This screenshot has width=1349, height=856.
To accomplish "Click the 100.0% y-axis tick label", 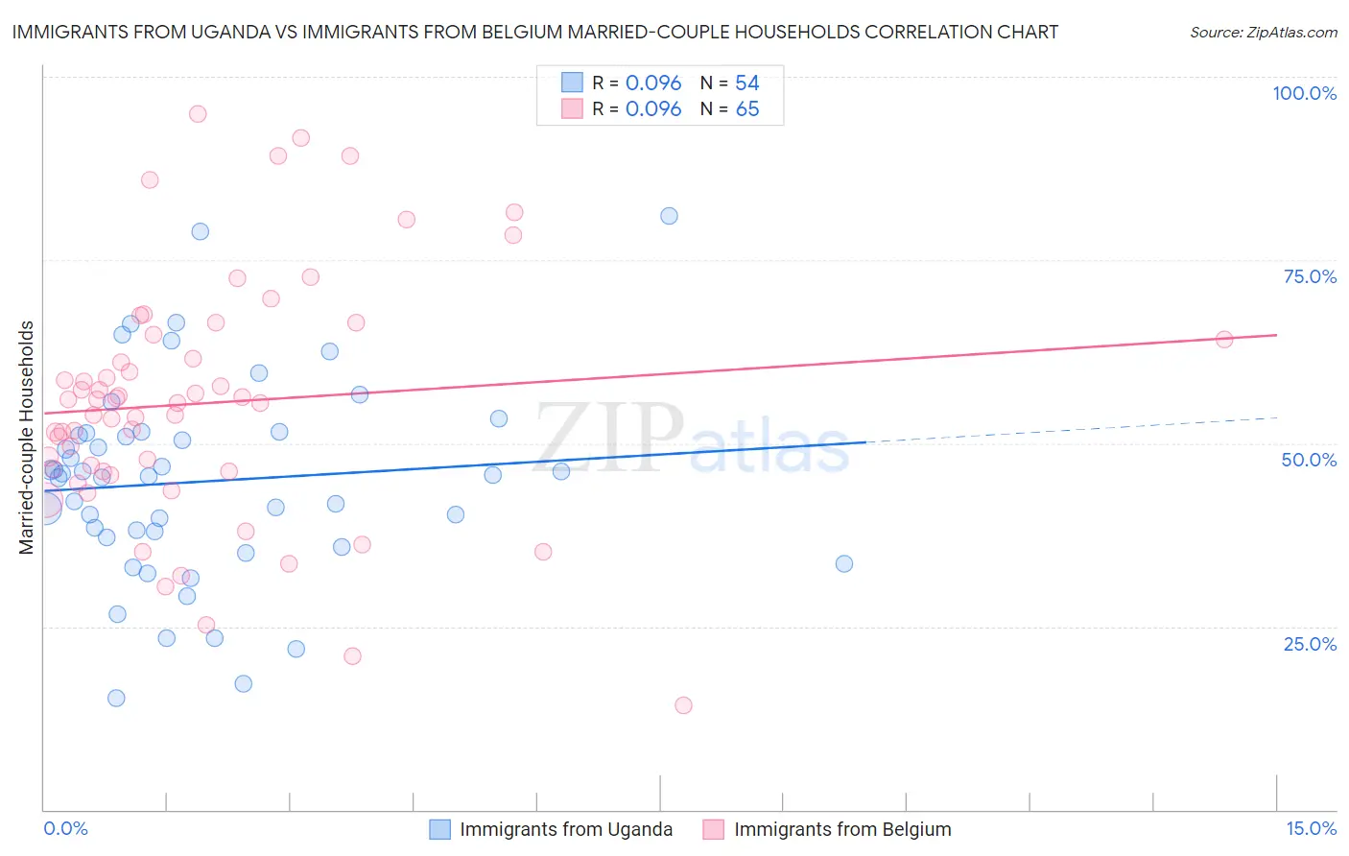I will coord(1304,93).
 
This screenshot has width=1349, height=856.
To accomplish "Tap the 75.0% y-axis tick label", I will coord(1310,276).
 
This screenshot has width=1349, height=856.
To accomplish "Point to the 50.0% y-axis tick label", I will coord(1309,460).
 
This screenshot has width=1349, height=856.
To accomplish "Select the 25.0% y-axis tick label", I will coord(1310,643).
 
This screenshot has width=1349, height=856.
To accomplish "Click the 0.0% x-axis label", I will coord(65,828).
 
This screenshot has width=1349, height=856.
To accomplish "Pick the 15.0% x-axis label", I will coord(1311,828).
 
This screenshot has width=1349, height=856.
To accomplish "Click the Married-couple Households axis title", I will coord(27,438).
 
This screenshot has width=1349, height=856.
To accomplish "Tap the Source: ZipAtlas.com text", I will coord(1263,32).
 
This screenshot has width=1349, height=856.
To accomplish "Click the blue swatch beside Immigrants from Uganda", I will coord(440,829).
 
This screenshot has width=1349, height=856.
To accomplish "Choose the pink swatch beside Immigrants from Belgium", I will coord(713,829).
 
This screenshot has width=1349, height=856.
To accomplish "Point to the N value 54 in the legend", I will coord(746,83).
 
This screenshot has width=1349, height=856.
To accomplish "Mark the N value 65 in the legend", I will coord(746,108).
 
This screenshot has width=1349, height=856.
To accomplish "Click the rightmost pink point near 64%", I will coord(1224,339).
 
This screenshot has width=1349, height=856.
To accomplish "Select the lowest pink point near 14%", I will coord(683,705).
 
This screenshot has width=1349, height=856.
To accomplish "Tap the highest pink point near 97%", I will coord(198,113).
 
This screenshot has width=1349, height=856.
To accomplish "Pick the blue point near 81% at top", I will coord(669,216).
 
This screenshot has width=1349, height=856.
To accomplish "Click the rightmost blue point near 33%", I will coord(844,563).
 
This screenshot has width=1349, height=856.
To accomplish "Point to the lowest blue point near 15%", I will coord(116,698).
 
